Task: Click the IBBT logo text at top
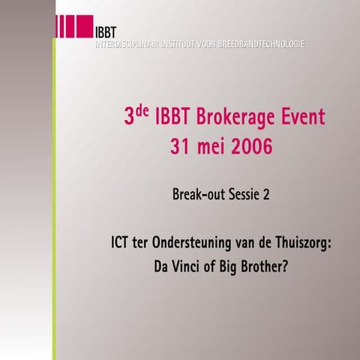tap(105, 31)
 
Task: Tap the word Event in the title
tap(304, 118)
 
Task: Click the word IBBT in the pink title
tap(173, 118)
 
